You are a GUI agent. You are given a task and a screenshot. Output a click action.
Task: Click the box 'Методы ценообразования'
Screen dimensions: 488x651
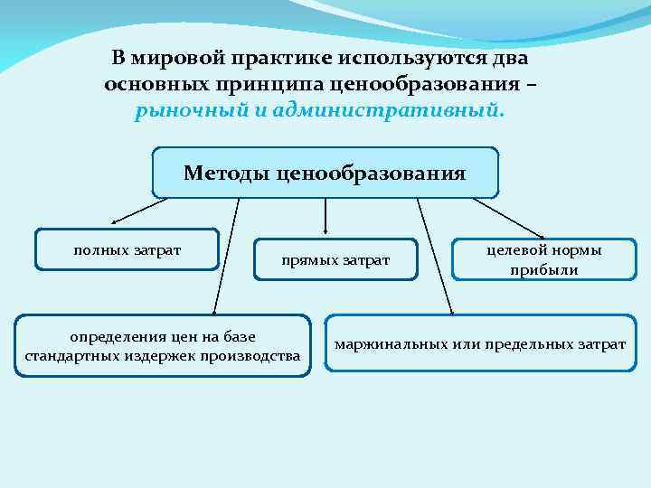pyautogui.click(x=325, y=172)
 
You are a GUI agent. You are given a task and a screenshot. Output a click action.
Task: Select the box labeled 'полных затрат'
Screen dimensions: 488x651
pyautogui.click(x=127, y=249)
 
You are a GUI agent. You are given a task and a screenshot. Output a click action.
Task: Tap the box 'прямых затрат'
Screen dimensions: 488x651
pyautogui.click(x=335, y=260)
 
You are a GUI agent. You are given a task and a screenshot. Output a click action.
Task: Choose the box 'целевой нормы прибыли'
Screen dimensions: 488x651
pyautogui.click(x=543, y=260)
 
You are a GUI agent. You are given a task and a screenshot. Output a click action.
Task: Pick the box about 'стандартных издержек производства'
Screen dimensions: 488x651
pyautogui.click(x=163, y=346)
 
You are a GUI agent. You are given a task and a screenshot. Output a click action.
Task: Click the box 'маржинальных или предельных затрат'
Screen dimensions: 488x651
pyautogui.click(x=480, y=343)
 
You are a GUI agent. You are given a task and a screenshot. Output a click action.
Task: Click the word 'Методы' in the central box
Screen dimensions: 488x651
pyautogui.click(x=225, y=172)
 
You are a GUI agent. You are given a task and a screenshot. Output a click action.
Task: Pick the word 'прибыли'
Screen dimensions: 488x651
pyautogui.click(x=543, y=270)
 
